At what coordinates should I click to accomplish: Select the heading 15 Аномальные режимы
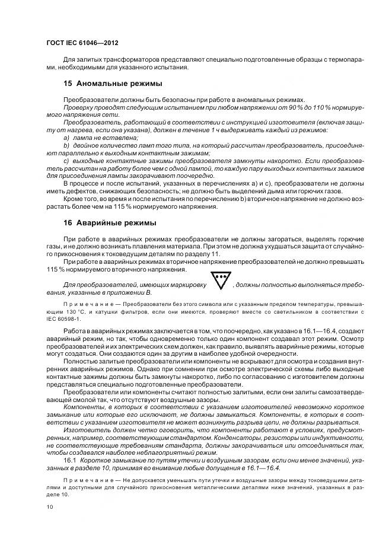point(113,84)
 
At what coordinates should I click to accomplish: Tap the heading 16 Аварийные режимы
point(110,223)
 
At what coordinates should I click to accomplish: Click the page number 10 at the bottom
point(49,506)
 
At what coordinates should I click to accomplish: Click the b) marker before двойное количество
point(66,145)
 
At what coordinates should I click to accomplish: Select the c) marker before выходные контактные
point(66,161)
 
